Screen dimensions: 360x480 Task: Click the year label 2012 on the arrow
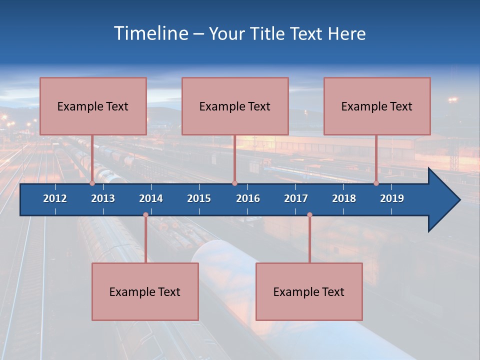click(x=55, y=198)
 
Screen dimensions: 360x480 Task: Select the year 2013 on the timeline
click(x=103, y=198)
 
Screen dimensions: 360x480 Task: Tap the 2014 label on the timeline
click(x=151, y=198)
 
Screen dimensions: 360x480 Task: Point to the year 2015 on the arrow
click(x=199, y=198)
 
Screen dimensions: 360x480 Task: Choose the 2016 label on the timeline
click(x=248, y=198)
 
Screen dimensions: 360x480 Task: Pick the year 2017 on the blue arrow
click(x=296, y=198)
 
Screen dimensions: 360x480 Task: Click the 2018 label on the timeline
click(x=344, y=198)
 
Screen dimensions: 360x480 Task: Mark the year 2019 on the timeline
click(x=392, y=198)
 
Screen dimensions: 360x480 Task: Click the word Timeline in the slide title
click(x=150, y=33)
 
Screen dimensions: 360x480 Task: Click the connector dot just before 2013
click(x=92, y=183)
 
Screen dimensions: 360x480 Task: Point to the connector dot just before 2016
click(x=234, y=183)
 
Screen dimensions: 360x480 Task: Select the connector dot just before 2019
click(x=376, y=183)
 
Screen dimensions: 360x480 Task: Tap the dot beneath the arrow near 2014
click(x=145, y=215)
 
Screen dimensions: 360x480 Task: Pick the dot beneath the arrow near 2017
click(x=309, y=215)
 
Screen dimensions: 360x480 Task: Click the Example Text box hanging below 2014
click(x=145, y=291)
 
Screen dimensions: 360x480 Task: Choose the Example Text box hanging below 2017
click(x=309, y=291)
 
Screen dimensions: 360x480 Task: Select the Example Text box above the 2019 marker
click(x=377, y=106)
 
